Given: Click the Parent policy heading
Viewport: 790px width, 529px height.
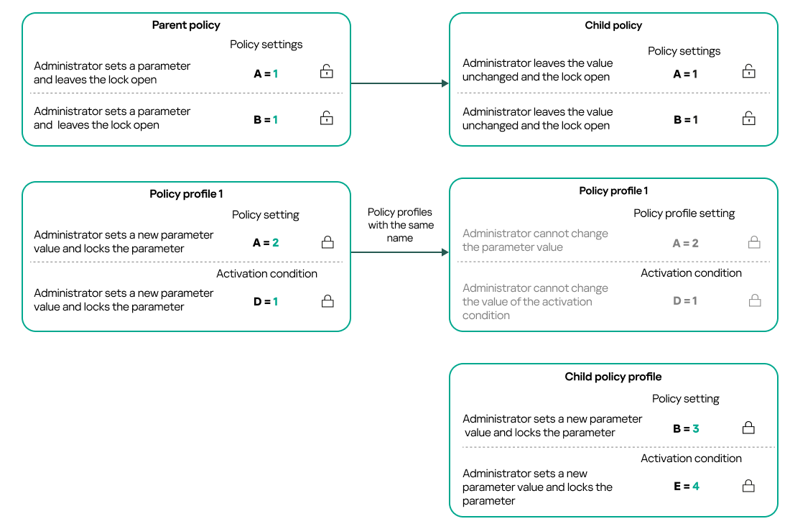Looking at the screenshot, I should [186, 25].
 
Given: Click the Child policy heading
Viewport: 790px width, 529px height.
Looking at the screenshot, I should [613, 25].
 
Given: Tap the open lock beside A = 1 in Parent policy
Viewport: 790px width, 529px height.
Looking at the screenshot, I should [327, 72].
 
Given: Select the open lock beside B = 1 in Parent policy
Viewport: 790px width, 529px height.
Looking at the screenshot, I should [327, 119].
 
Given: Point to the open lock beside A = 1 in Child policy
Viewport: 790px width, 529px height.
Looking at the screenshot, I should [748, 72].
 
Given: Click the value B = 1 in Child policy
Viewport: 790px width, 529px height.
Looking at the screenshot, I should [686, 120].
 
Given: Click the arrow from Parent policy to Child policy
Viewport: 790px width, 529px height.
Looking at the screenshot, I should [399, 83].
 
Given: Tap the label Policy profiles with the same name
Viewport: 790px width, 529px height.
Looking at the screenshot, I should [400, 225].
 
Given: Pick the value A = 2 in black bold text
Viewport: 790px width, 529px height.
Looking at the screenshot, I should [266, 243].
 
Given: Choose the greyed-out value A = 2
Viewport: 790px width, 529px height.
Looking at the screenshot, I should [686, 244].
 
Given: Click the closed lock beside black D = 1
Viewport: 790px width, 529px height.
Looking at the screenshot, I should [327, 301].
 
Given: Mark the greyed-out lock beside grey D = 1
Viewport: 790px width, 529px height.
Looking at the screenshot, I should [754, 301].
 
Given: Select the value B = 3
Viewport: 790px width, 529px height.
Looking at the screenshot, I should [686, 428].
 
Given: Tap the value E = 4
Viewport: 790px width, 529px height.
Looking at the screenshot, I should [686, 487].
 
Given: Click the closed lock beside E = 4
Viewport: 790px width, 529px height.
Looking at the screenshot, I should [748, 487].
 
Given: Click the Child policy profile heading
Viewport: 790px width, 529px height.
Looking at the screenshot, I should [613, 377].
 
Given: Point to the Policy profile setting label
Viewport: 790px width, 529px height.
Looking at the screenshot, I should [684, 213].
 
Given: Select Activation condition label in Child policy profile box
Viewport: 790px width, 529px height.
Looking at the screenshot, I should [691, 459].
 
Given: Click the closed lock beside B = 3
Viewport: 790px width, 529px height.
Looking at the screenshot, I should [748, 428].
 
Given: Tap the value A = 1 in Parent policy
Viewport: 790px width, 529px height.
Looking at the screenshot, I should [266, 73].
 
